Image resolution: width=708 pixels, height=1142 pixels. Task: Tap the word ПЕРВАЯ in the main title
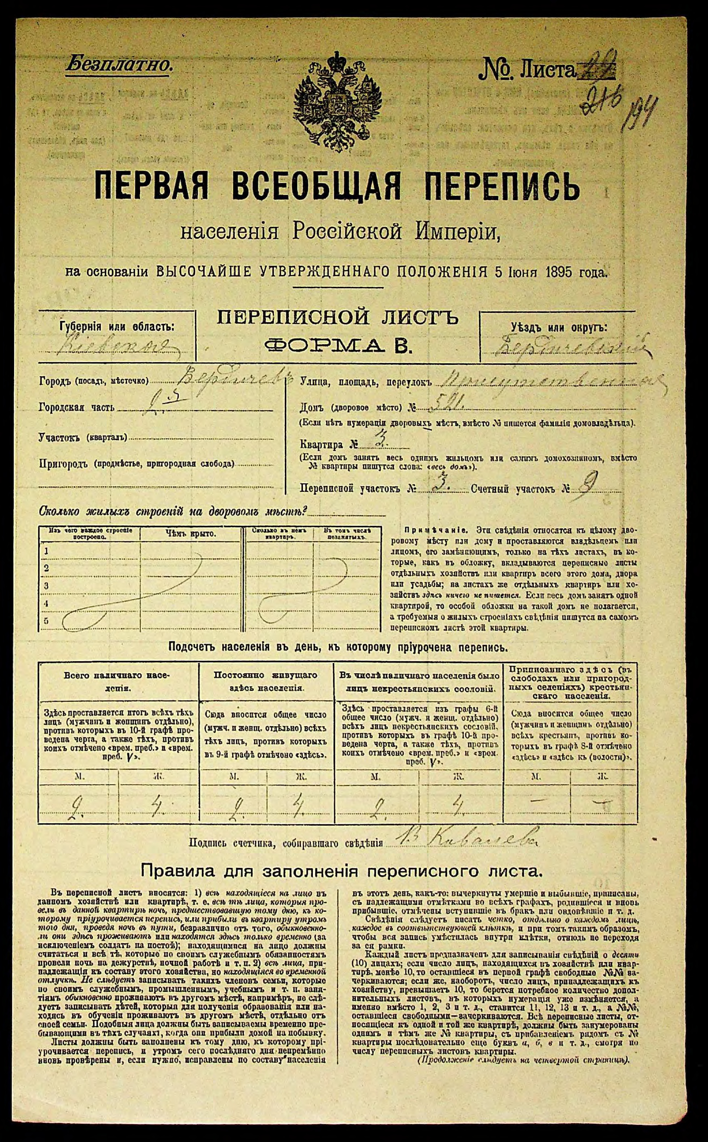151,186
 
